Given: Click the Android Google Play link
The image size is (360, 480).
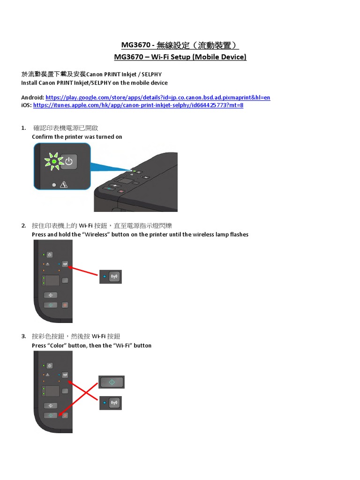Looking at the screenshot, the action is [x=158, y=97].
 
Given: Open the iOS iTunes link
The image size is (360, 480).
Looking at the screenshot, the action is [x=138, y=105].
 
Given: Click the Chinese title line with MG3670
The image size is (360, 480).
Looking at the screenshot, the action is [x=180, y=45].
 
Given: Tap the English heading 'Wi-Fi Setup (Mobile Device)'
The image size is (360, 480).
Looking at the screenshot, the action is [x=199, y=57].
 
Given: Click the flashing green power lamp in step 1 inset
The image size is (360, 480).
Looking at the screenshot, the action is [x=53, y=161].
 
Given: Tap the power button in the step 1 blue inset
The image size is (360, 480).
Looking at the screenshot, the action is [x=68, y=161].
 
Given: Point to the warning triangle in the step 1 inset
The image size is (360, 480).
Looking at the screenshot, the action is [x=64, y=185].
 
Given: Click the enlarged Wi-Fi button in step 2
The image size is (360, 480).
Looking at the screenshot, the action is [x=114, y=277].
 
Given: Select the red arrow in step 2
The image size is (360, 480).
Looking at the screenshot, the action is [x=83, y=271].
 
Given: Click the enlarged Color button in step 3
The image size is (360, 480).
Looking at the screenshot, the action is [x=112, y=382].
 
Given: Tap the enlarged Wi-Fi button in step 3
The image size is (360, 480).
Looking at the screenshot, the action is [x=114, y=403].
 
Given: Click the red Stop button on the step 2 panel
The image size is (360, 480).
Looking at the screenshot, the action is [x=65, y=305].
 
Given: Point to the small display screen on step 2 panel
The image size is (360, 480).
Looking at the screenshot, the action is [x=52, y=280].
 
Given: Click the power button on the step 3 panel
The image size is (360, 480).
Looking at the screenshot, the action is [x=50, y=366].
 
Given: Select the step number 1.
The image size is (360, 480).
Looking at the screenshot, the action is [x=23, y=128].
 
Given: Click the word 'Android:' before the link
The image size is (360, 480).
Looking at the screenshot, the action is [x=33, y=97].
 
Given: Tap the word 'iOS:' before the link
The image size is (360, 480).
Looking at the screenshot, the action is [x=26, y=105].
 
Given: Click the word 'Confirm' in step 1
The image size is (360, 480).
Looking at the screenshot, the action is [x=42, y=137].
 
